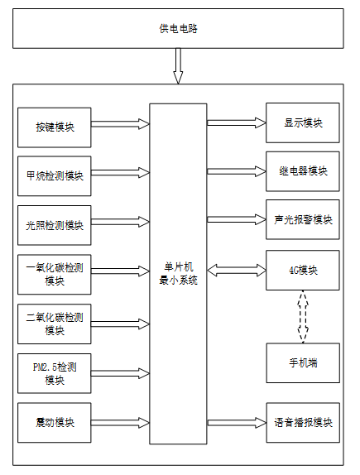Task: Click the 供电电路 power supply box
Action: (178, 28)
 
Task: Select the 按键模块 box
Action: (55, 127)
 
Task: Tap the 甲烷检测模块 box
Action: (55, 176)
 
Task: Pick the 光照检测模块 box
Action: (55, 225)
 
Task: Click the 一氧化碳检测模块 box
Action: (55, 275)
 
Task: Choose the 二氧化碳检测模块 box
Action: (55, 324)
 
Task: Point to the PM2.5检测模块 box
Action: (55, 373)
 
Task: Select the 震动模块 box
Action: (55, 423)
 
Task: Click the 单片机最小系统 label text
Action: (178, 274)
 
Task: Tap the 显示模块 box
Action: (303, 122)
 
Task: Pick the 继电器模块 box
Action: (303, 171)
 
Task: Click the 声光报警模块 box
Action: (303, 219)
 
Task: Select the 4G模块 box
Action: (303, 271)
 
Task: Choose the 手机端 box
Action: (303, 363)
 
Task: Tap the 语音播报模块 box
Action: (303, 423)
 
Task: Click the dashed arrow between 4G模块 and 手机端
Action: (303, 317)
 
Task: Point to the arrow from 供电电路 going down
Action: (178, 65)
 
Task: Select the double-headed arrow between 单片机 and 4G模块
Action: (237, 271)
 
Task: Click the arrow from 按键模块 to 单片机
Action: (120, 124)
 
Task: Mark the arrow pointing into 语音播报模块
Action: (237, 423)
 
